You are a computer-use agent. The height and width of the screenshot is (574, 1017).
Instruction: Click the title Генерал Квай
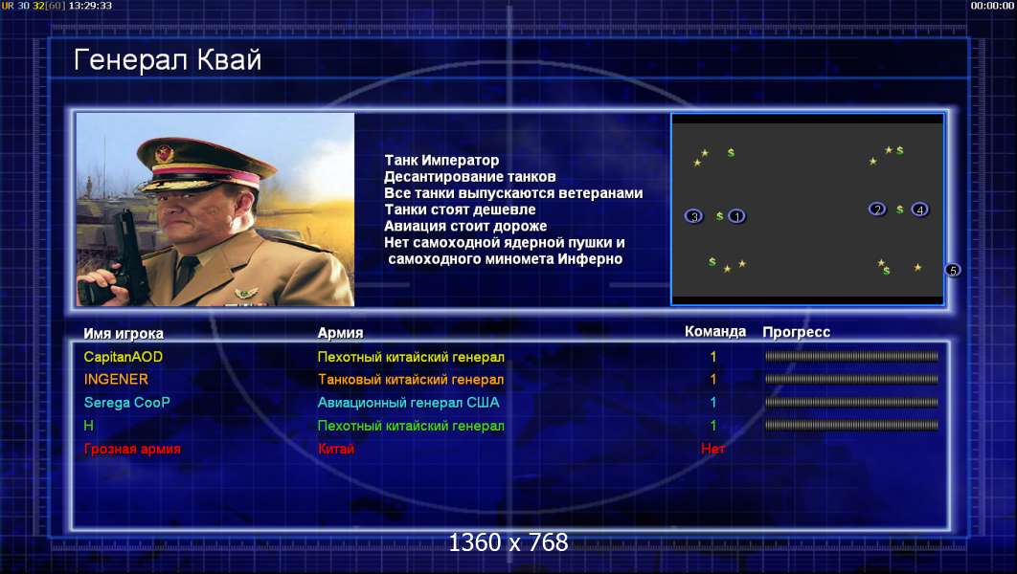click(168, 60)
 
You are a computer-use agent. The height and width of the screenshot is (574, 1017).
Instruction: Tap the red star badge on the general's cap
click(164, 153)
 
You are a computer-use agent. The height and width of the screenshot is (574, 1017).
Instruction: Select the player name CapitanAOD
click(124, 357)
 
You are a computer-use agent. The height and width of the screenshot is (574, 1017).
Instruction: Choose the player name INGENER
click(116, 380)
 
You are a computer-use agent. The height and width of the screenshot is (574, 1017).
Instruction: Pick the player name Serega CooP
click(127, 403)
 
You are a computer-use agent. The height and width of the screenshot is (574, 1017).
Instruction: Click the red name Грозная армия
click(132, 449)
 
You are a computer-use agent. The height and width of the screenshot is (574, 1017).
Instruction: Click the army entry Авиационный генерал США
click(409, 403)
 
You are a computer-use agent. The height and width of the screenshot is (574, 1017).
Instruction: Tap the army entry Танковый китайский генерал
click(411, 380)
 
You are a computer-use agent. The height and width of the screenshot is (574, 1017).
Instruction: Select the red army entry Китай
click(336, 449)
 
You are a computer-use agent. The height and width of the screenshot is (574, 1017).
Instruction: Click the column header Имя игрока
click(124, 334)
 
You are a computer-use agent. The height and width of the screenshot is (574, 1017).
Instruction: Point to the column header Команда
click(715, 332)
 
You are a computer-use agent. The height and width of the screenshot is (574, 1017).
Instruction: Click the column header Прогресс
click(797, 332)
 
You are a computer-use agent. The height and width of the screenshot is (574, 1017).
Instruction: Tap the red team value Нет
click(712, 449)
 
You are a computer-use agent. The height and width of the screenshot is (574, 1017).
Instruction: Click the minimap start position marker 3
click(694, 216)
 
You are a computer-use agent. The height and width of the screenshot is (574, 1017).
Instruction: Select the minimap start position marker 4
click(919, 210)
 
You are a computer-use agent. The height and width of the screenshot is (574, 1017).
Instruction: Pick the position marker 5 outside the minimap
click(953, 270)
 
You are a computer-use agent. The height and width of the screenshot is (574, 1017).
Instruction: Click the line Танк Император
click(441, 160)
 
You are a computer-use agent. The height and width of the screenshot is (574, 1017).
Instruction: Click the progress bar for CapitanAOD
click(851, 356)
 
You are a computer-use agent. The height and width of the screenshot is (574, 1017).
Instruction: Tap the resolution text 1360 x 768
click(508, 542)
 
